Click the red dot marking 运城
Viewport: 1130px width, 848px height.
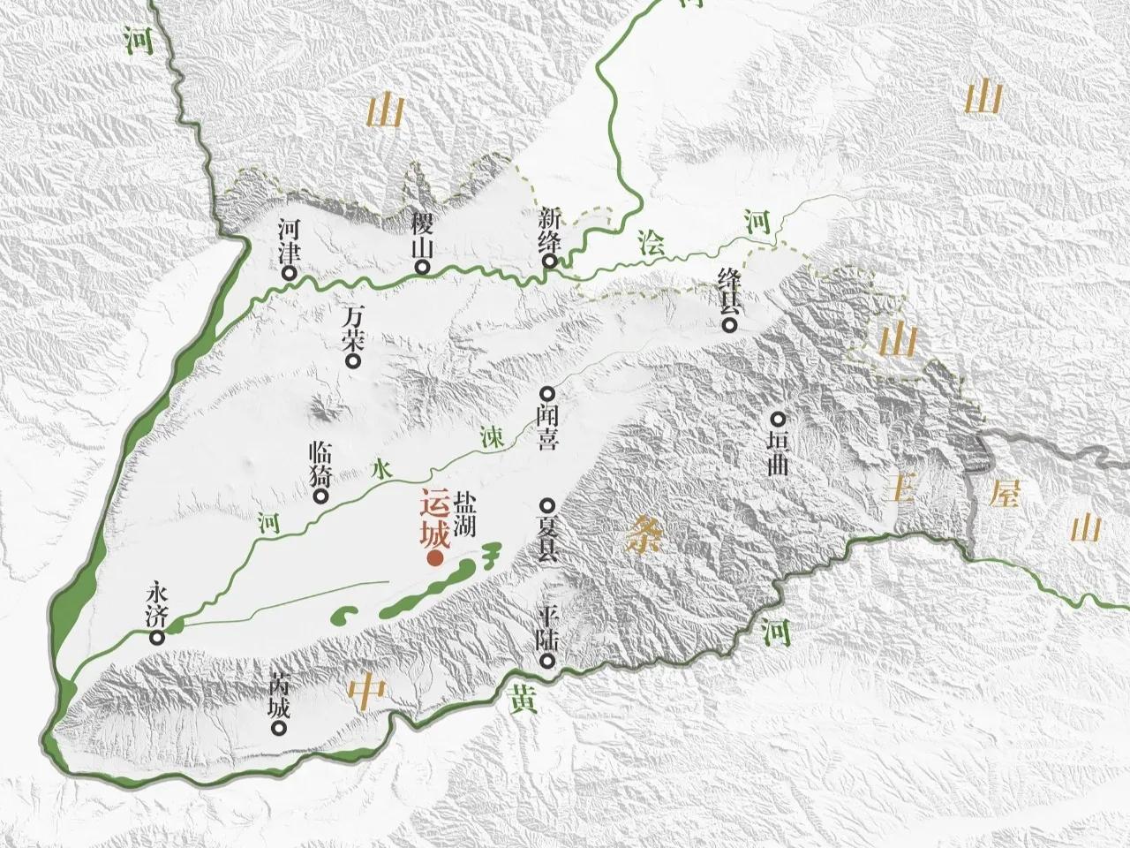click(434, 558)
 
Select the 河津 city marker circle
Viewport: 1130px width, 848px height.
click(289, 274)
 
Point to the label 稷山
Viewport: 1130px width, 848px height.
click(420, 233)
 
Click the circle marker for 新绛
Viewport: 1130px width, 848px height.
click(550, 261)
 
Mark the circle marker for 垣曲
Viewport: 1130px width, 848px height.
click(778, 420)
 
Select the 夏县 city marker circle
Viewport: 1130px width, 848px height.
click(547, 506)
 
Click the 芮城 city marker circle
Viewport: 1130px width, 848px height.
click(280, 730)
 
